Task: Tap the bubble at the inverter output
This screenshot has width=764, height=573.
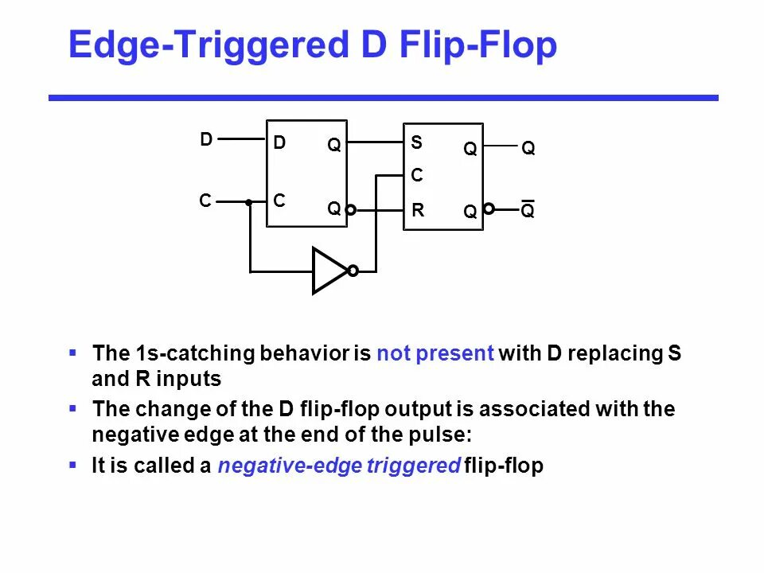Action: click(353, 271)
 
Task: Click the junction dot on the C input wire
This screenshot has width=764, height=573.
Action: click(249, 202)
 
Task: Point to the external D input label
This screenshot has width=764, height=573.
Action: click(206, 140)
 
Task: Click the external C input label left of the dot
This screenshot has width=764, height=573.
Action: click(205, 202)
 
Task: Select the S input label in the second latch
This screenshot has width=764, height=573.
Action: click(416, 144)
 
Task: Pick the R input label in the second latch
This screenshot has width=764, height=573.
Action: click(417, 211)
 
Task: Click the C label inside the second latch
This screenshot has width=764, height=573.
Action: click(417, 176)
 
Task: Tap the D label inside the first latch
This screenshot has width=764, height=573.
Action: click(279, 143)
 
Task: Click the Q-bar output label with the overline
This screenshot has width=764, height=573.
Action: click(528, 211)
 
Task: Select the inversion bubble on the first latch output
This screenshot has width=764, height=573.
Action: click(351, 210)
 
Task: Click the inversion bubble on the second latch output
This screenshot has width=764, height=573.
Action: click(489, 209)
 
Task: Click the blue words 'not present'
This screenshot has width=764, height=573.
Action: click(435, 354)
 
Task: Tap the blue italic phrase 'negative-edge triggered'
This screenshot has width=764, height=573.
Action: click(338, 466)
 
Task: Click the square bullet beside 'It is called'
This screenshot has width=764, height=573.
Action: click(73, 463)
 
